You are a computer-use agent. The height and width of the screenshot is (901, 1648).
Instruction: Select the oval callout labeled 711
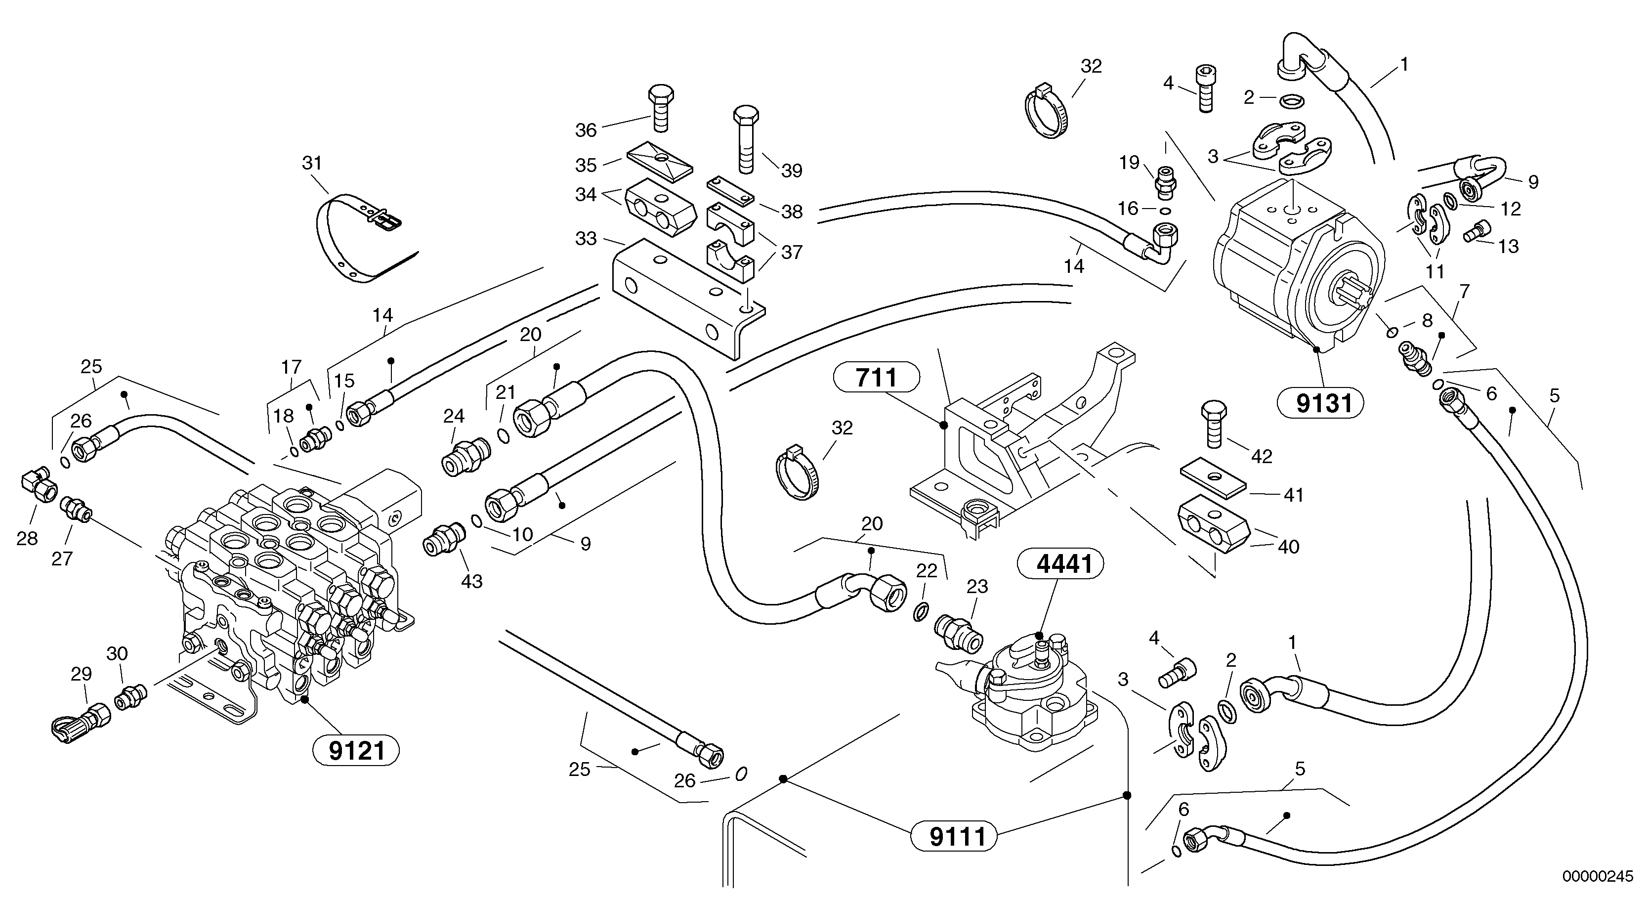coord(876,378)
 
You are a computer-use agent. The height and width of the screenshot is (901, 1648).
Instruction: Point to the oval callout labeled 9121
coord(356,751)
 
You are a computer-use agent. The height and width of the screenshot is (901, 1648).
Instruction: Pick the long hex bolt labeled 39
coord(746,141)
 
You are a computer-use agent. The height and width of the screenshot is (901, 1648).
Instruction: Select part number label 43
coord(472,581)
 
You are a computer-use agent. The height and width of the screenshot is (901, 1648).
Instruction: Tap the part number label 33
coord(586,238)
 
